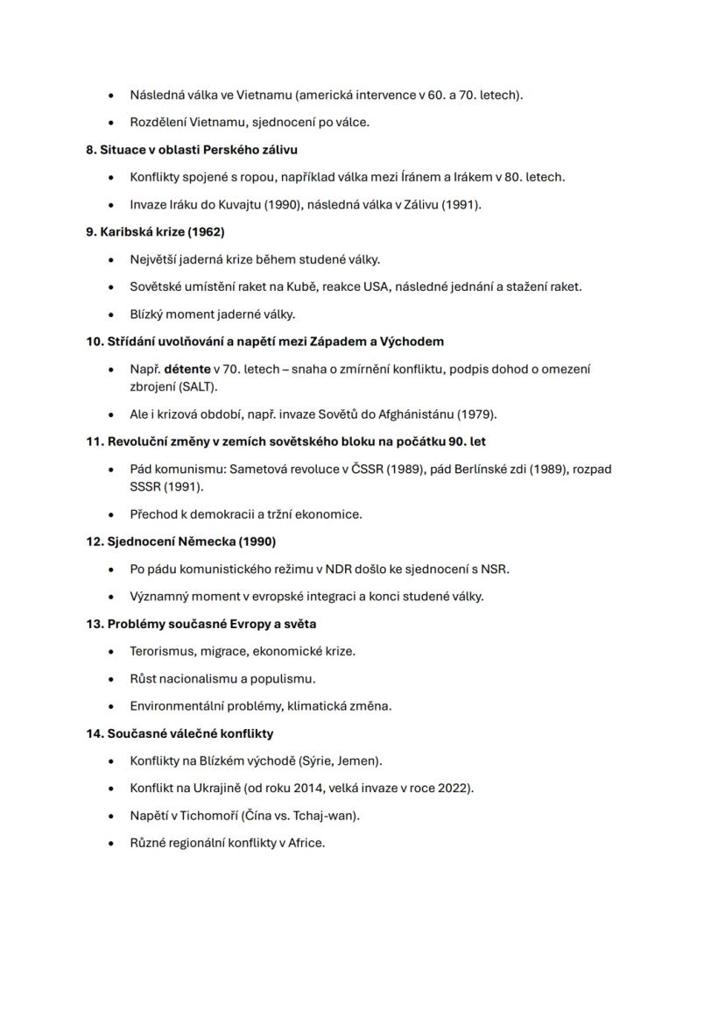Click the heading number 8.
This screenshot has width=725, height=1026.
point(91,150)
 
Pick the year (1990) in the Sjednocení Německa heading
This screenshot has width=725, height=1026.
point(257,541)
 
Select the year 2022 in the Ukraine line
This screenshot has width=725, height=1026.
point(454,788)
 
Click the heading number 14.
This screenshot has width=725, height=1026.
point(94,732)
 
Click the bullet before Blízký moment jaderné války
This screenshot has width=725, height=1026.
point(110,315)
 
